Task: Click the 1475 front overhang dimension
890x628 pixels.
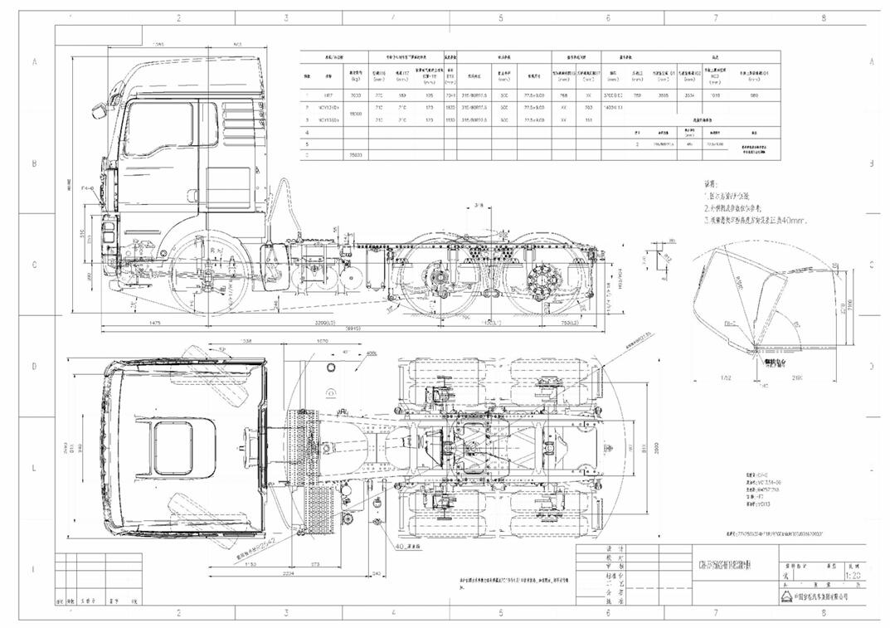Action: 153,321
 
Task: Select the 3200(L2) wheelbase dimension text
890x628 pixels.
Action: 314,321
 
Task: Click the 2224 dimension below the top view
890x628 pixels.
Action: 285,573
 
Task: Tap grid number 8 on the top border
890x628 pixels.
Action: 823,17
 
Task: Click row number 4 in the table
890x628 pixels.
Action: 307,131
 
